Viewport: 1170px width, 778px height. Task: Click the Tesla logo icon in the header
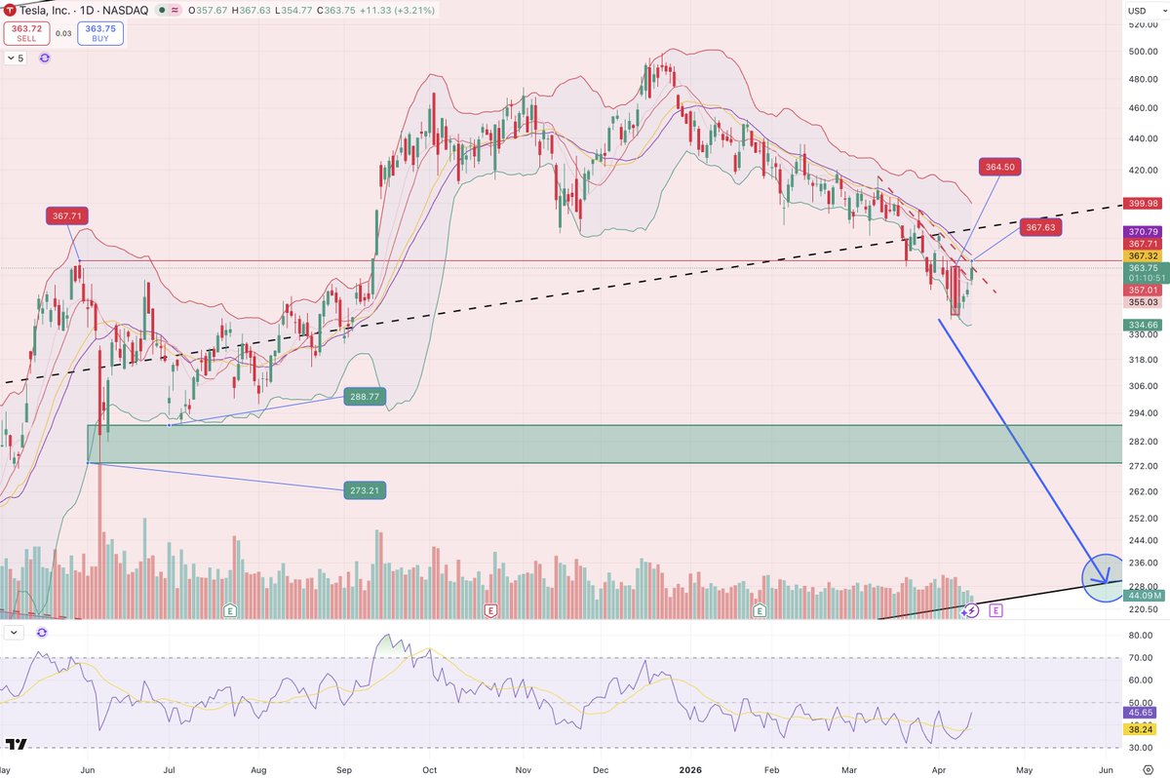tap(10, 10)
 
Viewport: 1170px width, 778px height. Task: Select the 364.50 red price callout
tap(1000, 167)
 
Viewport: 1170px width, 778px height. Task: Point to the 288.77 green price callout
tap(364, 397)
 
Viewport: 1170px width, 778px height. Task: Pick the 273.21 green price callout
tap(364, 490)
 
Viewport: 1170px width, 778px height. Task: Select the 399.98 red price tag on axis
tap(1142, 204)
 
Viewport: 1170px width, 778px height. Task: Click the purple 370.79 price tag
tap(1142, 231)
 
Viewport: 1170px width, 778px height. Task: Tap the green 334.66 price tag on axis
tap(1142, 325)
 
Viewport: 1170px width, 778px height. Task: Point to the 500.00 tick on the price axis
tap(1141, 51)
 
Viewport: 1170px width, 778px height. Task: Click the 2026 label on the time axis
tap(690, 767)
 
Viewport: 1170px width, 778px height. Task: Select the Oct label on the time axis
tap(429, 767)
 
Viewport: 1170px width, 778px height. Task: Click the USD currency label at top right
tap(1136, 11)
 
